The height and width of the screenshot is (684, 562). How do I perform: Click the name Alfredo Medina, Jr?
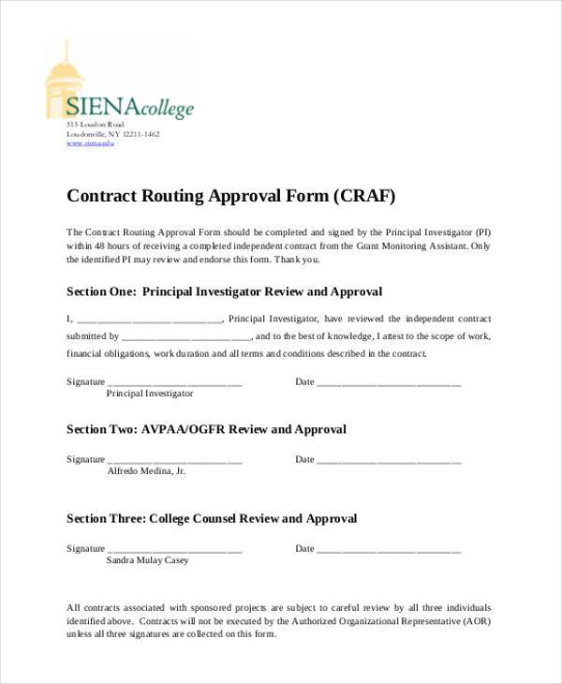click(x=146, y=471)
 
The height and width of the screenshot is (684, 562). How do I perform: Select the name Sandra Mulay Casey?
click(x=147, y=560)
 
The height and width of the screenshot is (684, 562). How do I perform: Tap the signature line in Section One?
click(x=175, y=384)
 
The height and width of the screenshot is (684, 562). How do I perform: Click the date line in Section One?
click(x=389, y=384)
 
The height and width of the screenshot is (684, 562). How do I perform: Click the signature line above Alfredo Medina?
click(x=175, y=462)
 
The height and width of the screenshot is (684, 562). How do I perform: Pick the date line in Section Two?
click(x=389, y=462)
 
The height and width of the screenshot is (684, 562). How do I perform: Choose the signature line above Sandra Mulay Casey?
click(x=175, y=551)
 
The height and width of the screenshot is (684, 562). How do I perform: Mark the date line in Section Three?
click(x=389, y=551)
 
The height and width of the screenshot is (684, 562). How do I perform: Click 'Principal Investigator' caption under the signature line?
click(x=150, y=394)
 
